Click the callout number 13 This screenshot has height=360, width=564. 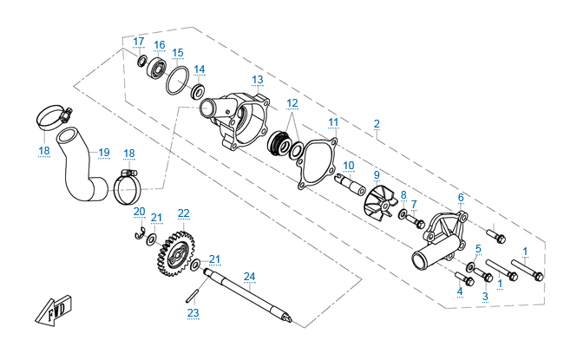[x=258, y=79]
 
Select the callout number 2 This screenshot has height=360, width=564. [x=377, y=123]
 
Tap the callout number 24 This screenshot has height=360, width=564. [x=250, y=277]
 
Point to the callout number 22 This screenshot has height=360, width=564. [x=183, y=213]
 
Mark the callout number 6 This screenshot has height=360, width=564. [x=461, y=197]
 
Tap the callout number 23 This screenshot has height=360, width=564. [x=193, y=312]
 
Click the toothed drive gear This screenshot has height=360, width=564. [x=177, y=249]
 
